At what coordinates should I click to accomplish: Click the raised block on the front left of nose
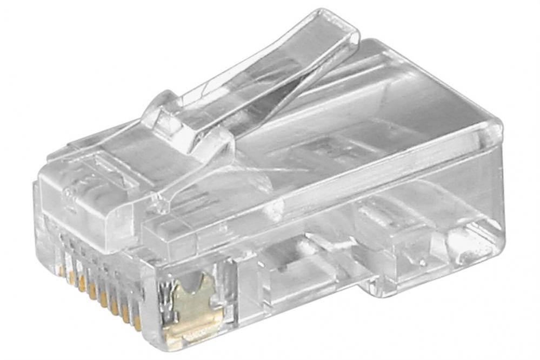point(81,189)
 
